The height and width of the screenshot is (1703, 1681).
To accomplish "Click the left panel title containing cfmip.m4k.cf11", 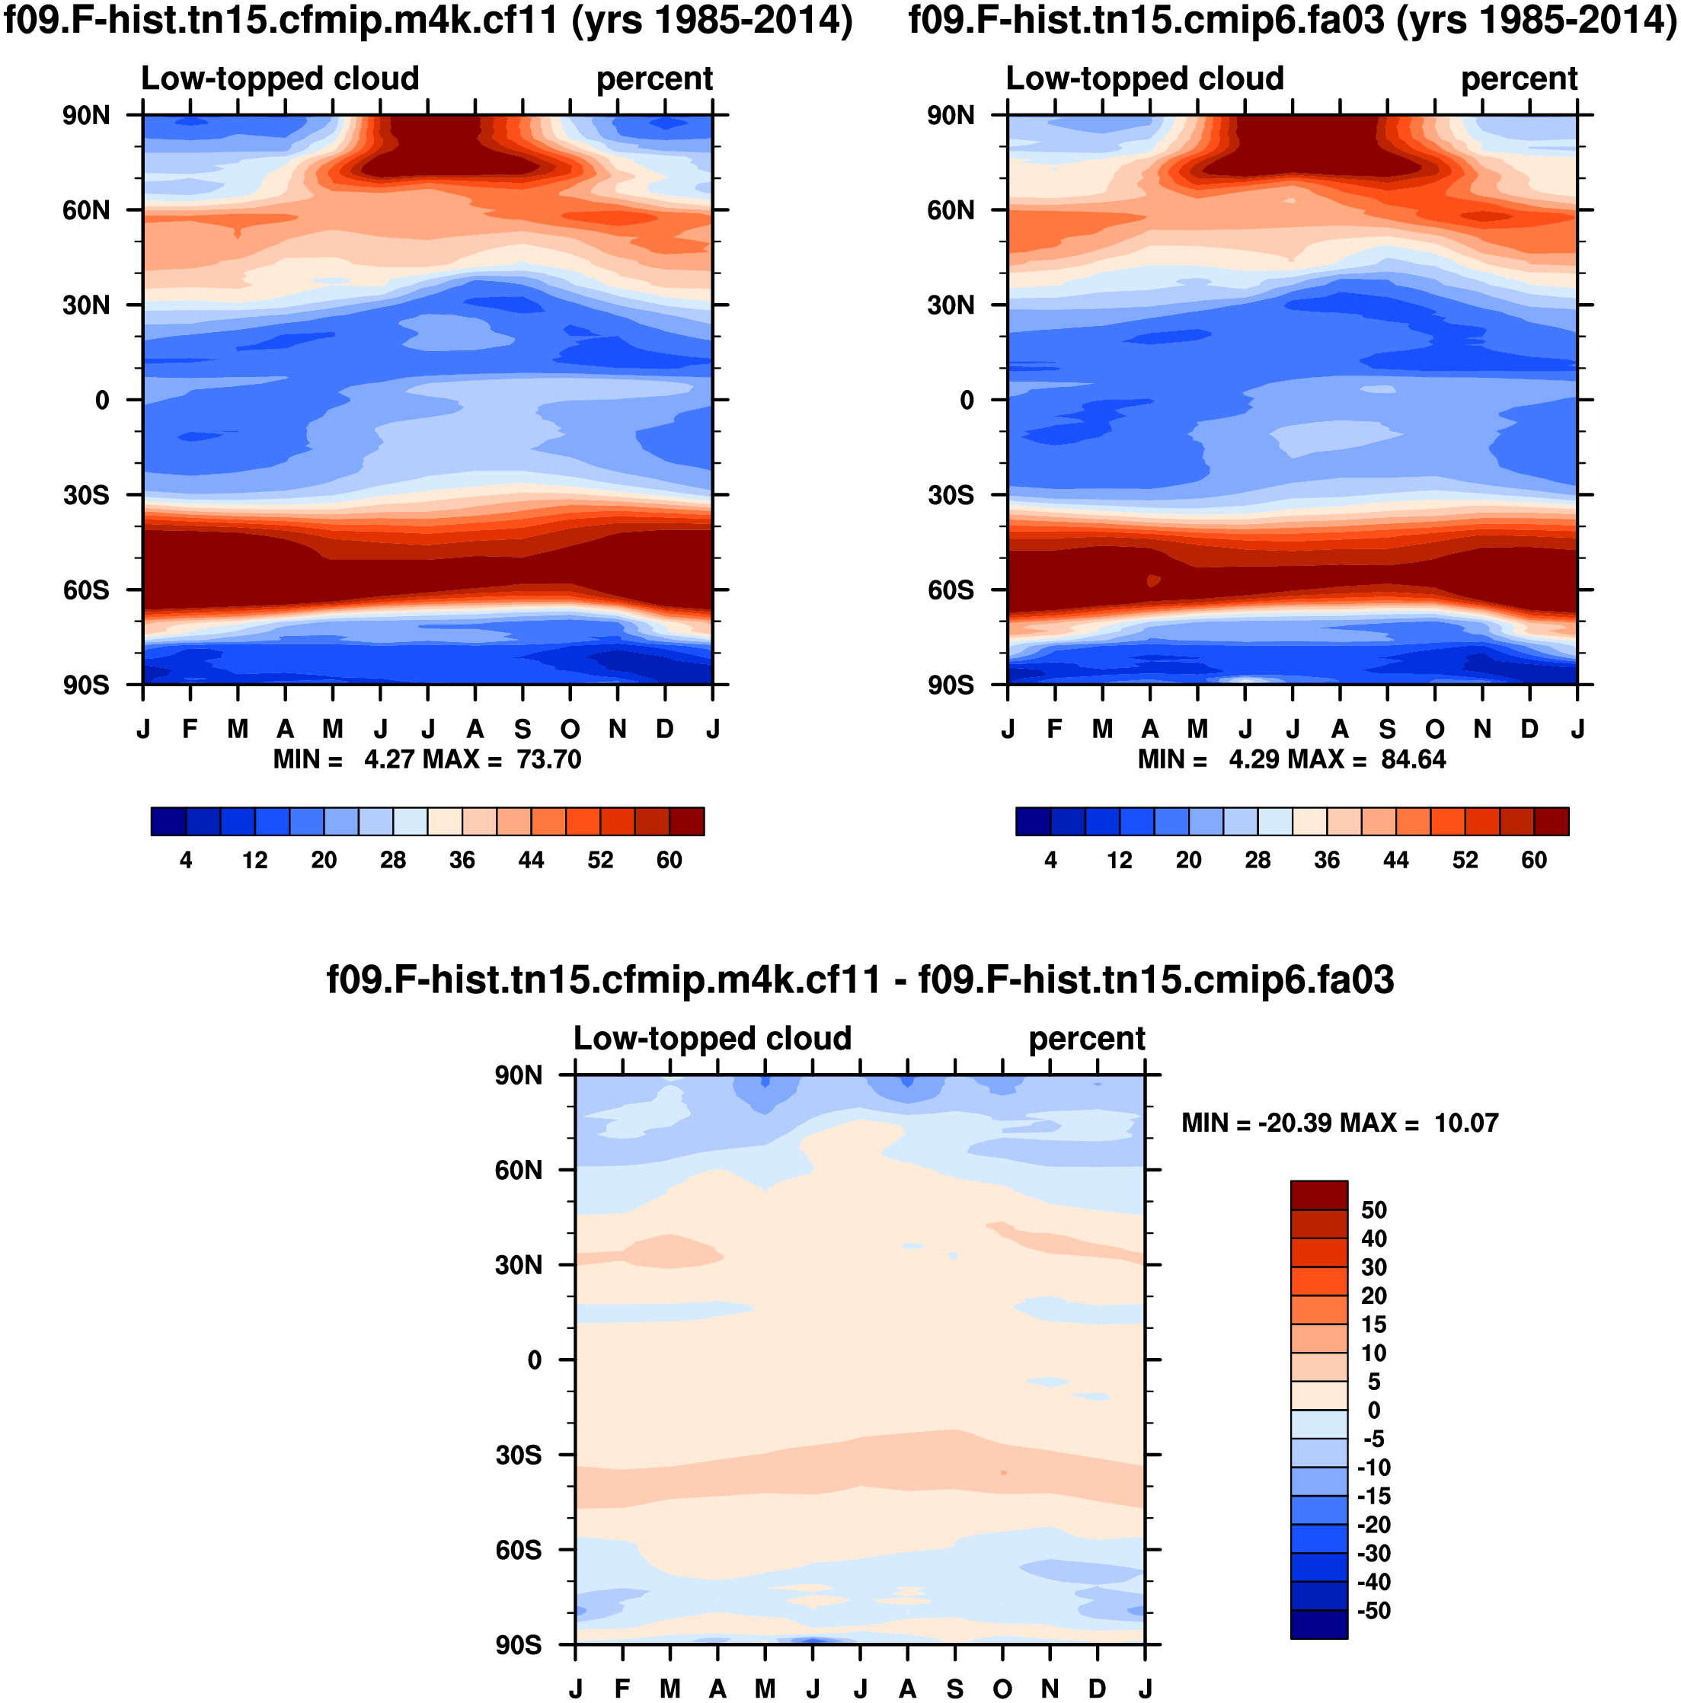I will pyautogui.click(x=428, y=21).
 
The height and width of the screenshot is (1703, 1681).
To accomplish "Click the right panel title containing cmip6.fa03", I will pyautogui.click(x=1293, y=21).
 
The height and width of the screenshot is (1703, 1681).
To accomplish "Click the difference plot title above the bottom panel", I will pyautogui.click(x=859, y=980).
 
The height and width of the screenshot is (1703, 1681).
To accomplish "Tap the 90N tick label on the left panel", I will pyautogui.click(x=85, y=116).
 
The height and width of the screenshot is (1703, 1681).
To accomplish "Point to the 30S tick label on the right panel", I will pyautogui.click(x=951, y=495).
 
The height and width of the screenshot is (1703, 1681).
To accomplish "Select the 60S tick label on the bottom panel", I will pyautogui.click(x=519, y=1550).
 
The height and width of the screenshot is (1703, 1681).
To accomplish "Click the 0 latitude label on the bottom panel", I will pyautogui.click(x=534, y=1360).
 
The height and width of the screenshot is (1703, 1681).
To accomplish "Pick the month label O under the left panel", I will pyautogui.click(x=570, y=730).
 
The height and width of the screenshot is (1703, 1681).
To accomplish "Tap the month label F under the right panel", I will pyautogui.click(x=1055, y=730).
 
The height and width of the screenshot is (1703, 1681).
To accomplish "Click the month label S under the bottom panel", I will pyautogui.click(x=954, y=1689).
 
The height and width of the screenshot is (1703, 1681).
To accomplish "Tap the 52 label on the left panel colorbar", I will pyautogui.click(x=600, y=861).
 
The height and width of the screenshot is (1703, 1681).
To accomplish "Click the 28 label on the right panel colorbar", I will pyautogui.click(x=1258, y=861).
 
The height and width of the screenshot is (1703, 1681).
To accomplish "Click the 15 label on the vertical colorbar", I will pyautogui.click(x=1373, y=1324).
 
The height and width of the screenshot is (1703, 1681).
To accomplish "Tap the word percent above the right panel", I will pyautogui.click(x=1519, y=79).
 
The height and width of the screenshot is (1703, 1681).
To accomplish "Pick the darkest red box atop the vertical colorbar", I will pyautogui.click(x=1318, y=1195).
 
